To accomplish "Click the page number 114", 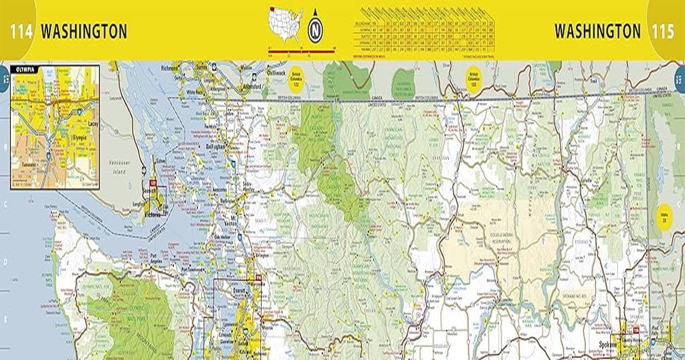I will pyautogui.click(x=21, y=31).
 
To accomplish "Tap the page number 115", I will pyautogui.click(x=663, y=31).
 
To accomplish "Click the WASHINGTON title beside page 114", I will pyautogui.click(x=84, y=31).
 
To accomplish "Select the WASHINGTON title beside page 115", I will pyautogui.click(x=597, y=31).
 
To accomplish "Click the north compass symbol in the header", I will pyautogui.click(x=315, y=30).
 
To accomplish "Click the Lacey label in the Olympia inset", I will pyautogui.click(x=92, y=124).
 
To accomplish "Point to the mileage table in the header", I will pyautogui.click(x=424, y=31).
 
